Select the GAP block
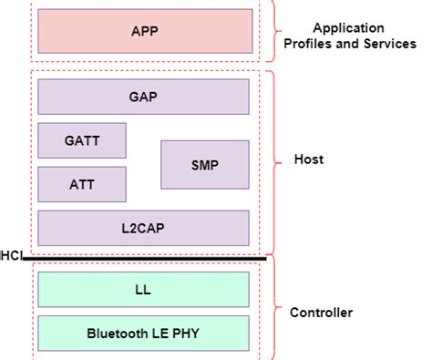click(143, 97)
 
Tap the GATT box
click(82, 140)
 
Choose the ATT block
click(82, 184)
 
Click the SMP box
click(205, 164)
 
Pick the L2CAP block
click(143, 228)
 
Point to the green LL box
click(143, 291)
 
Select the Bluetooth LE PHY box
click(143, 333)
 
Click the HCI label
click(10, 256)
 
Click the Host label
click(308, 159)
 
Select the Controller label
click(321, 313)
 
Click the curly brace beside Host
click(276, 160)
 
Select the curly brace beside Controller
click(276, 313)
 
